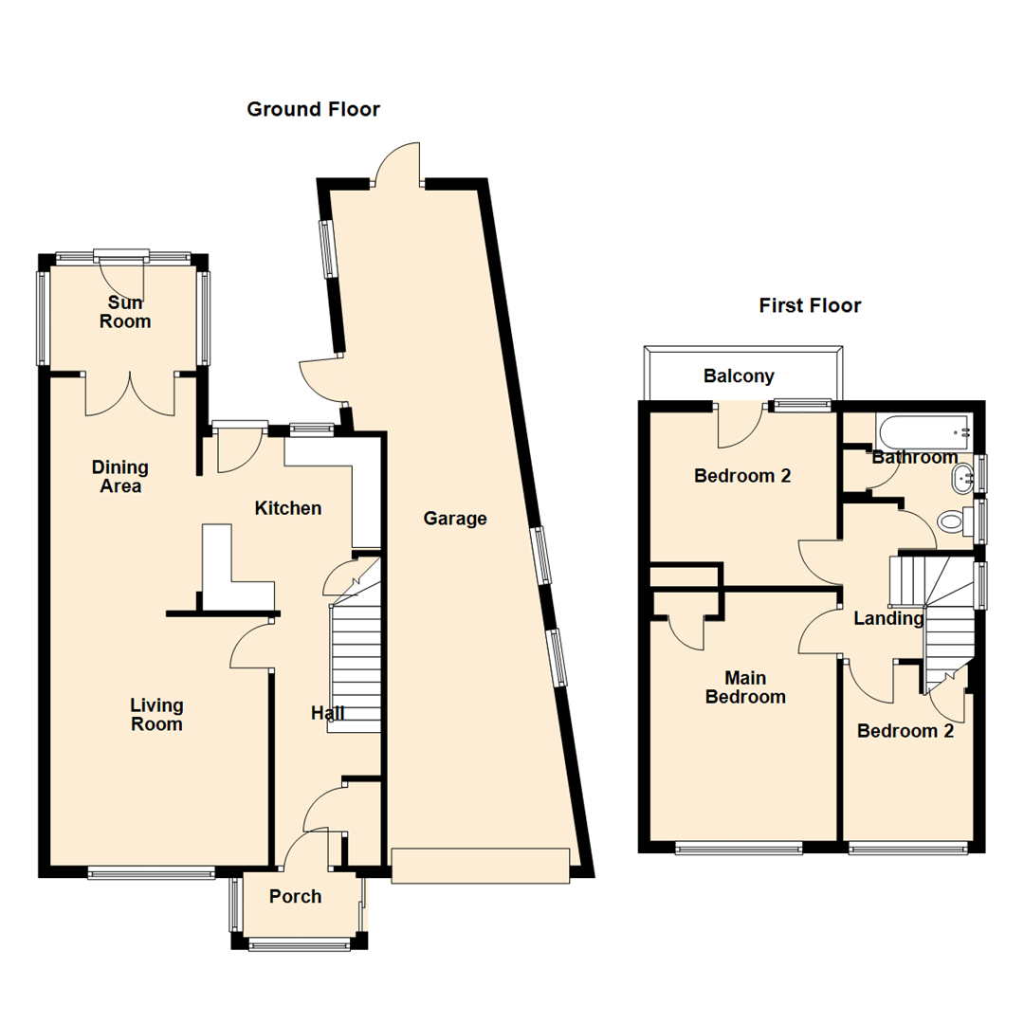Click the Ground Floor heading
(x=313, y=110)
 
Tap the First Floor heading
(x=810, y=305)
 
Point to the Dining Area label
(x=120, y=477)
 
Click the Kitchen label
(x=288, y=509)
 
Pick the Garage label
(x=455, y=519)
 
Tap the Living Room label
(x=156, y=715)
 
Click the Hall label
(x=328, y=713)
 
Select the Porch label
(x=295, y=897)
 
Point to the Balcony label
(x=739, y=376)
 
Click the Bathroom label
(x=914, y=458)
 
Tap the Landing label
(x=888, y=619)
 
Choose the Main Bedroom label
(x=744, y=687)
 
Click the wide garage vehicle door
(x=481, y=866)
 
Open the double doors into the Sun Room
(x=131, y=393)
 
